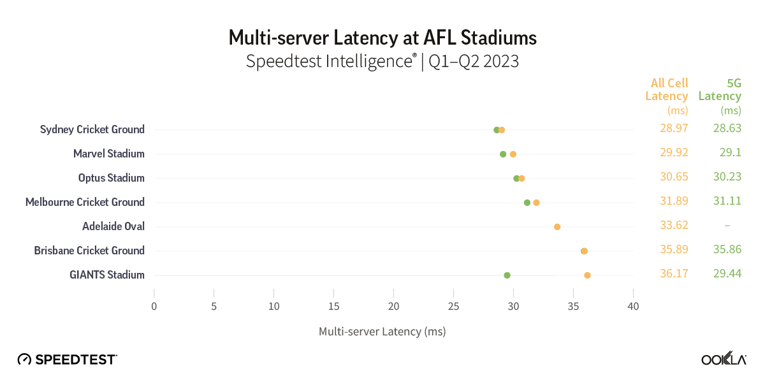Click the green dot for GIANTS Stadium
click(x=507, y=275)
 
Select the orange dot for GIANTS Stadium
click(x=587, y=275)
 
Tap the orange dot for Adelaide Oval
click(x=557, y=227)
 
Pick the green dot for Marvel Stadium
click(x=503, y=154)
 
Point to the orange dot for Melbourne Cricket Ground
click(x=536, y=203)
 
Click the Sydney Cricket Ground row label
click(x=92, y=129)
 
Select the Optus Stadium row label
click(x=111, y=178)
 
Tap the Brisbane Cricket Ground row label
click(x=89, y=251)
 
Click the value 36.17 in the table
click(x=674, y=274)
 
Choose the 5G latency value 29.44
click(x=727, y=274)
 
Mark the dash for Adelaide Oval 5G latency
click(x=727, y=226)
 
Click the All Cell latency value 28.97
click(x=674, y=129)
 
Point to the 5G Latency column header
click(x=720, y=96)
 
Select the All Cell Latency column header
click(x=667, y=96)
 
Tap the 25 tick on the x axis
click(x=453, y=307)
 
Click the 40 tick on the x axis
click(x=633, y=307)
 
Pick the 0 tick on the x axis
click(x=154, y=307)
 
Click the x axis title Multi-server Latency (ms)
click(x=382, y=332)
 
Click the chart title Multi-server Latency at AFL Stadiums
click(x=382, y=38)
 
